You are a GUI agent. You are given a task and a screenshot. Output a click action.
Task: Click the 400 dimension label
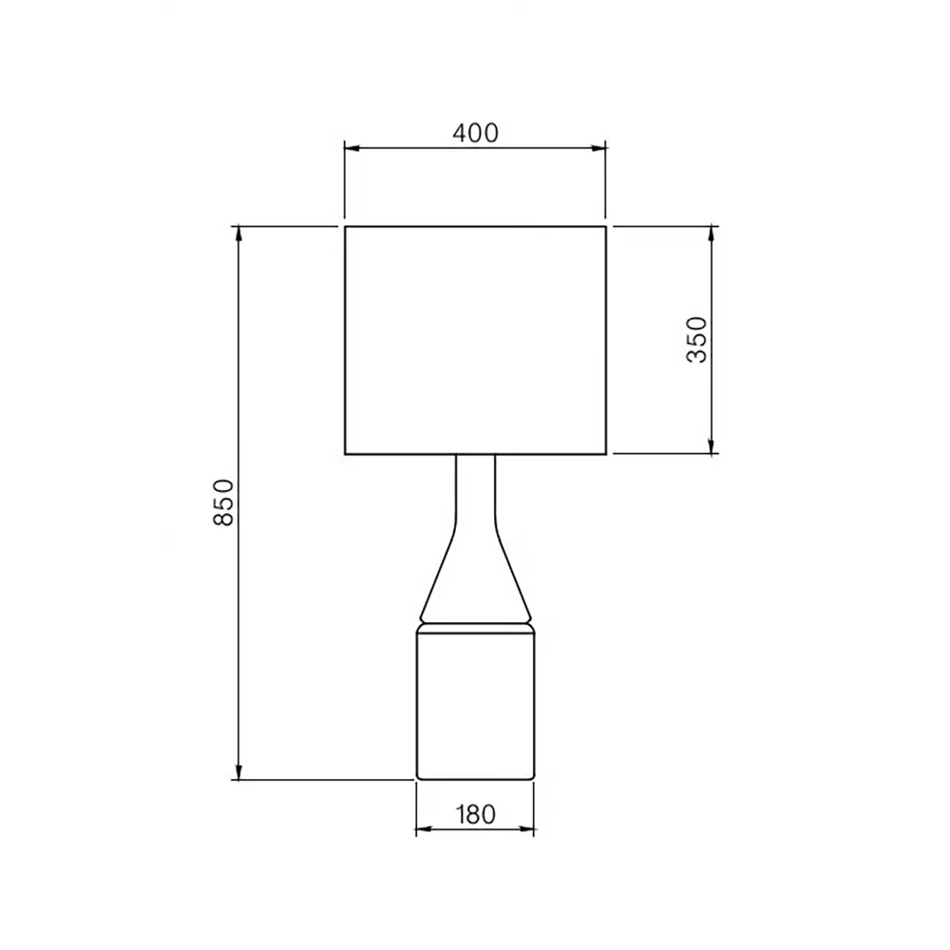tap(475, 133)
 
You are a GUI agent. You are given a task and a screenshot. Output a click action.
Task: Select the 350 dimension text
tap(697, 339)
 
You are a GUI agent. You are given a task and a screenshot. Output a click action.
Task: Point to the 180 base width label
tap(475, 814)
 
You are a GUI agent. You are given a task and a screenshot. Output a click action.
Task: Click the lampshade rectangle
tap(475, 339)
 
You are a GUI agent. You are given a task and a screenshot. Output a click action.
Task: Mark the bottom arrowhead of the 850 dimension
tap(238, 773)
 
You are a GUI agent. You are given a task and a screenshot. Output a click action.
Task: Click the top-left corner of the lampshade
tap(345, 226)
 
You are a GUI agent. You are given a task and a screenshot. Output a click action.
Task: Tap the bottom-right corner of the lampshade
tap(606, 454)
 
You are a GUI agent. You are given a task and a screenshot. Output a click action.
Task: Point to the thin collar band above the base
tap(475, 627)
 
